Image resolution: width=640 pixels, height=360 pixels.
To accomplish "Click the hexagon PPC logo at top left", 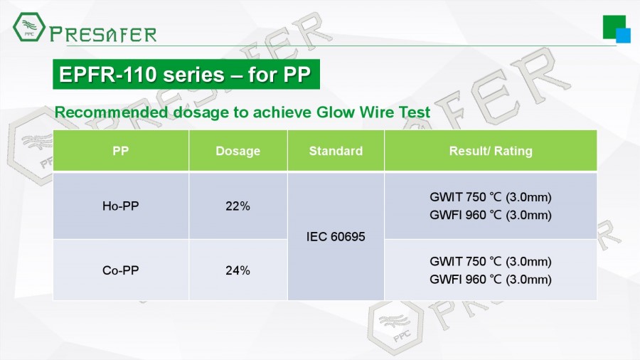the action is [29, 26].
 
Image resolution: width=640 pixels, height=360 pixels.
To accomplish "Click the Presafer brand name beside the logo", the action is [103, 34].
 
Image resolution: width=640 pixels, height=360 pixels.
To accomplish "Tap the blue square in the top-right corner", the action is [623, 36].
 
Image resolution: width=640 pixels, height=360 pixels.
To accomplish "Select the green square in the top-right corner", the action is [614, 27].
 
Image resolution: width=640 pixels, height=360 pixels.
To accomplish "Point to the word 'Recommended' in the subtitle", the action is [111, 112].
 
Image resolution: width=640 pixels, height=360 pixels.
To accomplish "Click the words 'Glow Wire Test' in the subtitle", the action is [373, 112].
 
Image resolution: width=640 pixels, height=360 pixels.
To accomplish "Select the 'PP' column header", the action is [120, 151].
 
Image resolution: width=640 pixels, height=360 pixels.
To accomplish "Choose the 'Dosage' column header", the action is [238, 151].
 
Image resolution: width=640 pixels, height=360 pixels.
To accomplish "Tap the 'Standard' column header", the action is [336, 151].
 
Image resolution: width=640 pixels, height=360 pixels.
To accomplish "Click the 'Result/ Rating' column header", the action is [491, 151].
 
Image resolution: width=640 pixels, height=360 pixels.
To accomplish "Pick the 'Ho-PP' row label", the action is [120, 206].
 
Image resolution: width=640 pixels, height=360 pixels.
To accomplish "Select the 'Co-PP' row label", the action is [120, 270].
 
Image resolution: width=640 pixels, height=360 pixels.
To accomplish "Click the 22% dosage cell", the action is [238, 206].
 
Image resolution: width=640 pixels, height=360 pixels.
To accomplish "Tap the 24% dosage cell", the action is [238, 270].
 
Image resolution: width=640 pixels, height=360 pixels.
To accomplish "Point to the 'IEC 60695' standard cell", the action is [336, 237].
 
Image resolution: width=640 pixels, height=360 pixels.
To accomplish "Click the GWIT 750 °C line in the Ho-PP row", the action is [491, 197].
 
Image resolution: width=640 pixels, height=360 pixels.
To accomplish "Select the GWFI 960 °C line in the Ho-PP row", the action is [491, 215].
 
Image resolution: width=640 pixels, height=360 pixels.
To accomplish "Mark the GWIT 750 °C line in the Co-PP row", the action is [491, 262].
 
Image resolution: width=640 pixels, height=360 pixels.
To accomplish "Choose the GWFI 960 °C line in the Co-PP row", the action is [491, 280].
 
